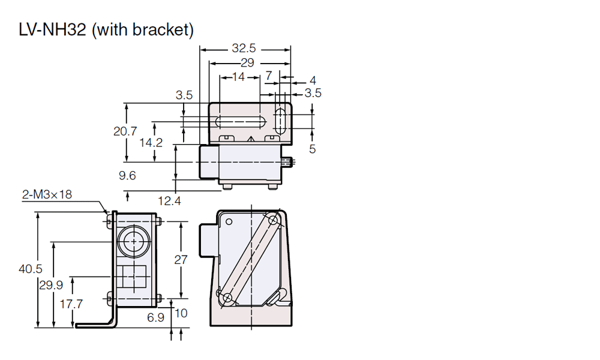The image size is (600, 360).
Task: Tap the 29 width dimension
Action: tap(247, 62)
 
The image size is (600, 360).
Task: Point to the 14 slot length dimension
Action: tap(238, 77)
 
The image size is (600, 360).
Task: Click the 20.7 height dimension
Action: tap(125, 131)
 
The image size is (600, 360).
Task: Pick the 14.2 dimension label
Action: tap(151, 143)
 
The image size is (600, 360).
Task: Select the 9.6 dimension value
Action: tap(127, 175)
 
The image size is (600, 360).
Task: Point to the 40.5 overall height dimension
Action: tap(30, 269)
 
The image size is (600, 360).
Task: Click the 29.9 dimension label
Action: tap(51, 286)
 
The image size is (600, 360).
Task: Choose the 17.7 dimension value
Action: tap(71, 304)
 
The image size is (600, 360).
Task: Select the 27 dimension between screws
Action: tap(180, 260)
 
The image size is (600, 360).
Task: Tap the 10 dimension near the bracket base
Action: tap(181, 313)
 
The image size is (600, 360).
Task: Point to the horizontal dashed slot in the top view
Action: tap(240, 122)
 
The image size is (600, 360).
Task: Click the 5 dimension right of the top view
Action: tap(312, 149)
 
